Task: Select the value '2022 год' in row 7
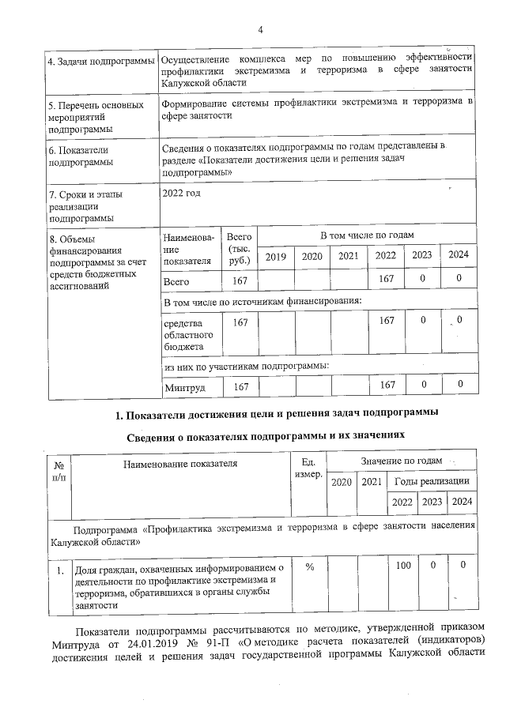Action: point(181,192)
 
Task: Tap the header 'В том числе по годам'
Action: point(367,236)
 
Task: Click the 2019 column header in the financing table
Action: point(276,255)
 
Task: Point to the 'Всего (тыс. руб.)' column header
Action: point(240,248)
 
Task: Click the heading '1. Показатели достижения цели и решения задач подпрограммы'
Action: point(273,413)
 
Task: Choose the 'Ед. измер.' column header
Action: point(308,469)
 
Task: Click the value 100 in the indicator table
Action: point(405,566)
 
